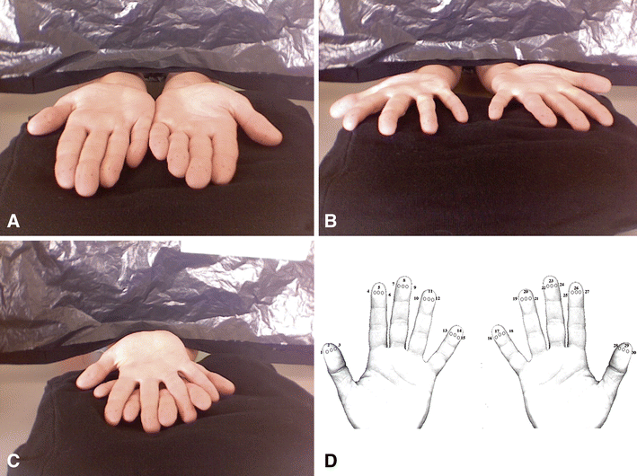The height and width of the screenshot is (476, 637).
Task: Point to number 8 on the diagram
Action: pyautogui.click(x=404, y=280)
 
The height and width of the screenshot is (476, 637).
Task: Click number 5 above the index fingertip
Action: pyautogui.click(x=379, y=286)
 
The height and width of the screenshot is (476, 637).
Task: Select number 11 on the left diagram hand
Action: pyautogui.click(x=430, y=292)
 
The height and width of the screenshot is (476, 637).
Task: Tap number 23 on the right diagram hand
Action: pyautogui.click(x=551, y=280)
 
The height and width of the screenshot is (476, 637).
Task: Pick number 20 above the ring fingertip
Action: pyautogui.click(x=526, y=291)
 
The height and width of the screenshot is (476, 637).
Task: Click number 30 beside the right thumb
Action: pyautogui.click(x=634, y=353)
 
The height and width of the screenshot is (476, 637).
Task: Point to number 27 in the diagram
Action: pyautogui.click(x=587, y=293)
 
